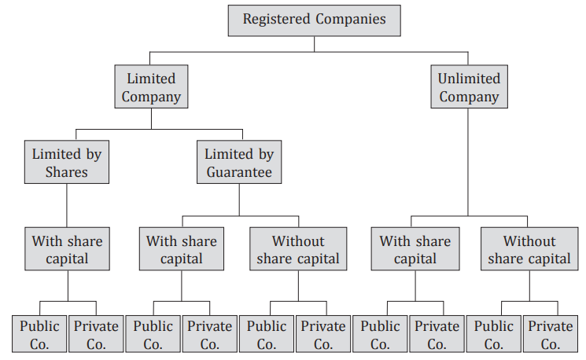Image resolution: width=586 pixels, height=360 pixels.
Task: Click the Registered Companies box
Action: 314,20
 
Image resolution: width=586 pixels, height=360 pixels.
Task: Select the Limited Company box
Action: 151,87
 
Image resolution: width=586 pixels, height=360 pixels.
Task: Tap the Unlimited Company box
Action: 469,87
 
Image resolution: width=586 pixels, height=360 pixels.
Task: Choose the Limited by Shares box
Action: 66,163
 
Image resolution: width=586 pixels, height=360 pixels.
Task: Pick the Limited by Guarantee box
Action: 239,163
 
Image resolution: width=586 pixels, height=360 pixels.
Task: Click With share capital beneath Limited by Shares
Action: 66,248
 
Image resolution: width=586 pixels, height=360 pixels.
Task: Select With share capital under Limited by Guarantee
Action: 181,248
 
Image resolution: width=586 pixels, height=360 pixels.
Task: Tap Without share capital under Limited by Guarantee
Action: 297,248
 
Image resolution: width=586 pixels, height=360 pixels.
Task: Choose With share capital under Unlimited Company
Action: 415,248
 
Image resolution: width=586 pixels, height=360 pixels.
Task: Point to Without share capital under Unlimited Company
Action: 529,248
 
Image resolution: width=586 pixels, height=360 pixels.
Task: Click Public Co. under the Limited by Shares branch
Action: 39,334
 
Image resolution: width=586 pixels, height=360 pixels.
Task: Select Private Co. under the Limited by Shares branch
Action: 96,334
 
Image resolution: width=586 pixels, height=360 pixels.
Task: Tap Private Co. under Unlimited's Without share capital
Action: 551,334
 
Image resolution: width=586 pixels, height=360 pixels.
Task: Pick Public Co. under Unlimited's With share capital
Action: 380,334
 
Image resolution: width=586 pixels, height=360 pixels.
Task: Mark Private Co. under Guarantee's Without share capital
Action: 323,334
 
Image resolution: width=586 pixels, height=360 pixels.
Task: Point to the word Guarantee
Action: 239,171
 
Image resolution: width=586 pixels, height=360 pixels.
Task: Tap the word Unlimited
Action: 469,79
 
